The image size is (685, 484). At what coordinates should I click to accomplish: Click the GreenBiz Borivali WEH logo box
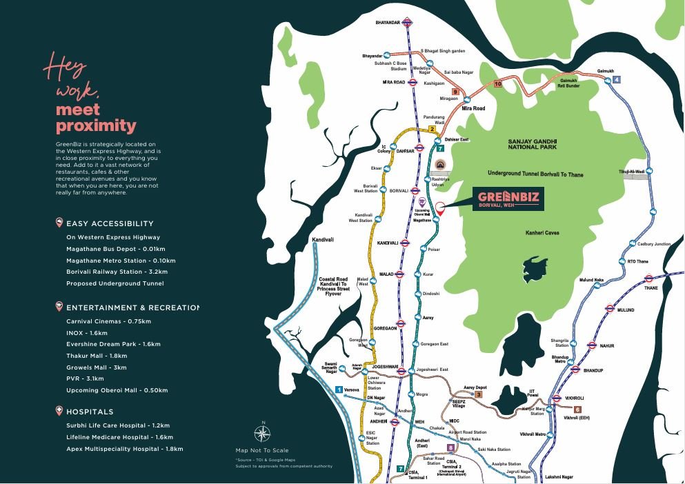pyautogui.click(x=510, y=199)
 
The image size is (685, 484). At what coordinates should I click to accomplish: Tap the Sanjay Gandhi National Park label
pyautogui.click(x=542, y=143)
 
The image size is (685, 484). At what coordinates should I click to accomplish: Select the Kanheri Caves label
pyautogui.click(x=542, y=233)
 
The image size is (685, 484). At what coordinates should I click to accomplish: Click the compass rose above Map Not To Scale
pyautogui.click(x=262, y=433)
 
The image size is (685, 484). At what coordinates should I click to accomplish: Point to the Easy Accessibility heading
pyautogui.click(x=110, y=223)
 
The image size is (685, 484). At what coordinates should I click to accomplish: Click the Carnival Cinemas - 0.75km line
pyautogui.click(x=108, y=321)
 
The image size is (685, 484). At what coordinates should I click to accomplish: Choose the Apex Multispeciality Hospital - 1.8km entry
pyautogui.click(x=124, y=449)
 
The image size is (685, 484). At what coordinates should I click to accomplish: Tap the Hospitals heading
pyautogui.click(x=90, y=412)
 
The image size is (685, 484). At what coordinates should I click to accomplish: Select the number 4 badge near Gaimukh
pyautogui.click(x=617, y=80)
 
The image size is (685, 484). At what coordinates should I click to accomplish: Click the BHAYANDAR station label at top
pyautogui.click(x=388, y=22)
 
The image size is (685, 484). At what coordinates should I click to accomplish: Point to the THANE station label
pyautogui.click(x=651, y=288)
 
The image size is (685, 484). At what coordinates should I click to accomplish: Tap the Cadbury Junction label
pyautogui.click(x=653, y=244)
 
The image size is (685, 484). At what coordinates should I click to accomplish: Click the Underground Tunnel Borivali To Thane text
pyautogui.click(x=535, y=174)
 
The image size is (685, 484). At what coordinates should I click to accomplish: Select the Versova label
pyautogui.click(x=353, y=390)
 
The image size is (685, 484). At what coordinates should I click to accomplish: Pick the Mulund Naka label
pyautogui.click(x=590, y=280)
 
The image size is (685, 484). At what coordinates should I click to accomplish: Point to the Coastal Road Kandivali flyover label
pyautogui.click(x=334, y=286)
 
